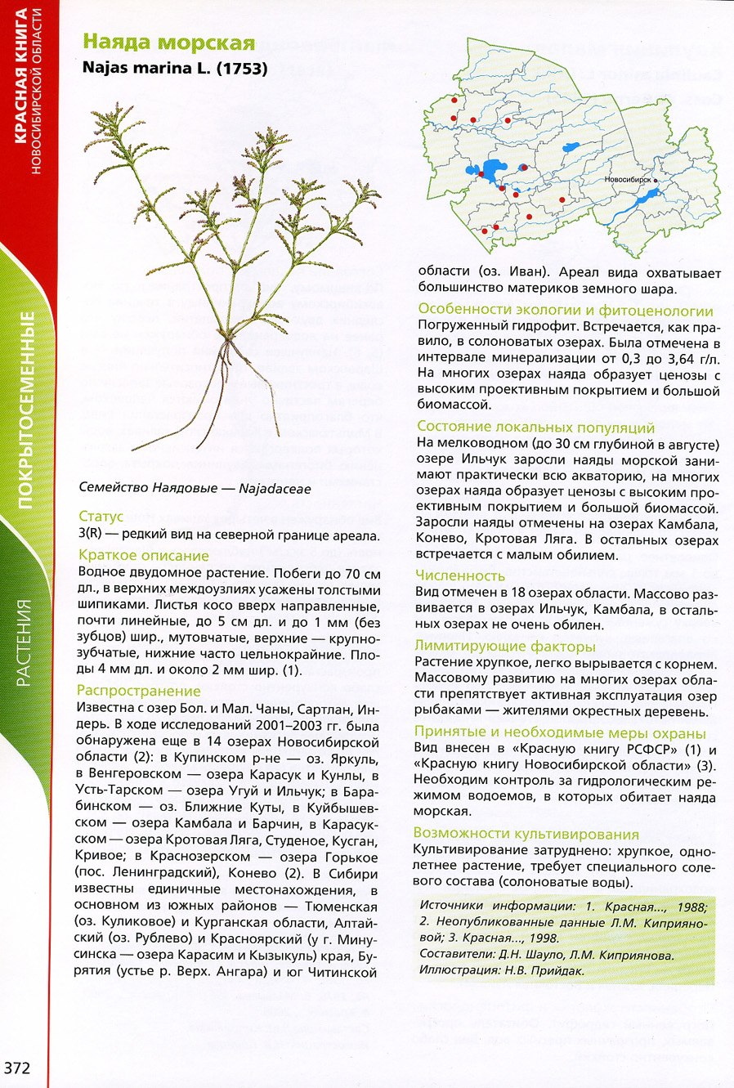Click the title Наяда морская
coord(169,43)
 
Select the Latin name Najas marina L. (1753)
coord(175,69)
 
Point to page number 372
coord(17,1068)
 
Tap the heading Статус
coord(101,516)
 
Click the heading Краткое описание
coord(144,556)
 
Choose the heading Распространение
coord(138,691)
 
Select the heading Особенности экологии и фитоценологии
coord(566,310)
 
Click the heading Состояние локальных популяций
coord(536,427)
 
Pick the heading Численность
coord(460,575)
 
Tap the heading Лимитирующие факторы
coord(505,646)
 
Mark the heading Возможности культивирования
coord(526,834)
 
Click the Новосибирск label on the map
coord(628,178)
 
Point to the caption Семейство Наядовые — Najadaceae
coord(195,488)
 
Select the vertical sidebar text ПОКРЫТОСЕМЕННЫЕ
coord(27,409)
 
